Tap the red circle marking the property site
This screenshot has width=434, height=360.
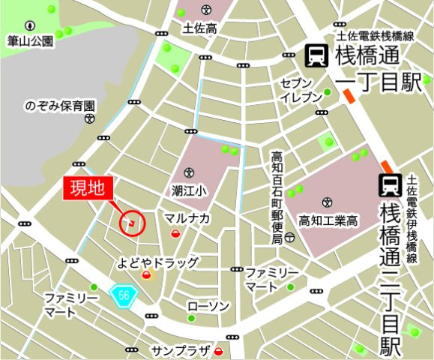point(131,223)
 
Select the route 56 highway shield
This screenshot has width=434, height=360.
point(123,295)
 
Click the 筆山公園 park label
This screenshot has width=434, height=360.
point(30,41)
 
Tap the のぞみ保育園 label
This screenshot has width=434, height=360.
point(60,106)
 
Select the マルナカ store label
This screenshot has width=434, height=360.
point(187,217)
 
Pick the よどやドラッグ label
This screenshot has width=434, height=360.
point(158,262)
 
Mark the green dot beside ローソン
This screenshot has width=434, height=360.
point(191,318)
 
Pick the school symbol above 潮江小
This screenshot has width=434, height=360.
point(188,173)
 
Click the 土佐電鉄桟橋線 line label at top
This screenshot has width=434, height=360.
point(376,36)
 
